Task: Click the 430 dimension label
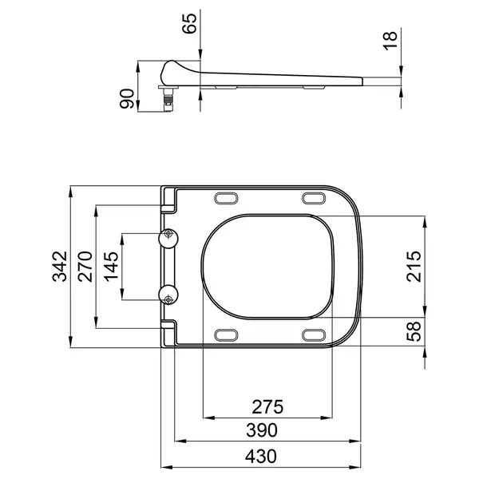(x=260, y=457)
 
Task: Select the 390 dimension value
(x=262, y=430)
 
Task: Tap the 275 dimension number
(x=267, y=407)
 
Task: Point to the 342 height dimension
(x=60, y=266)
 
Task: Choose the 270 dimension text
(x=85, y=267)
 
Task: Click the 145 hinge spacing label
(x=111, y=267)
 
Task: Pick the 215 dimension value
(x=414, y=267)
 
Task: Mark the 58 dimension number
(x=414, y=331)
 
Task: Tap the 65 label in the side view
(x=189, y=23)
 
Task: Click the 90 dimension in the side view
(x=127, y=98)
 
